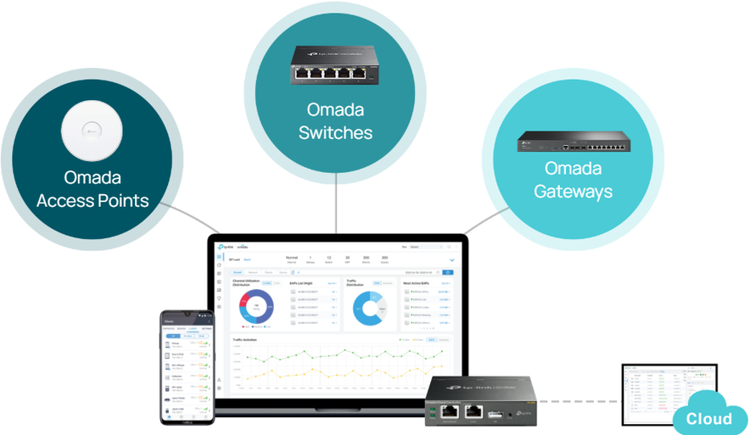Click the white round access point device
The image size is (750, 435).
[x=92, y=131]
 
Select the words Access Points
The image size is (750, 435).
[x=92, y=201]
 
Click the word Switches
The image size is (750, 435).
[x=335, y=133]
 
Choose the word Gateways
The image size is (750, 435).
[x=573, y=191]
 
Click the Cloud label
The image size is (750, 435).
[x=708, y=419]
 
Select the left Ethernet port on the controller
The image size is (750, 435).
[x=451, y=412]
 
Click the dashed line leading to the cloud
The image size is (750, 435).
[x=581, y=400]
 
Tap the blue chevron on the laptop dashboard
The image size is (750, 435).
[x=451, y=259]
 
